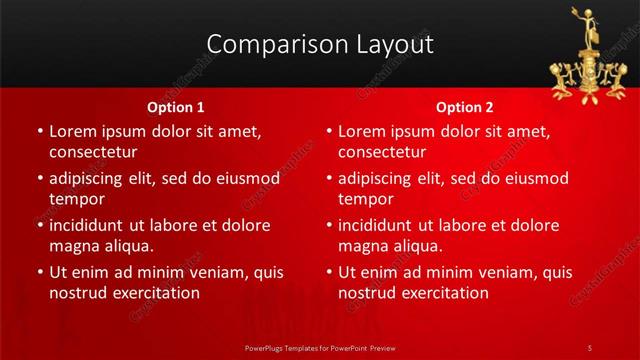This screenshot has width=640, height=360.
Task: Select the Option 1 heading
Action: [x=176, y=106]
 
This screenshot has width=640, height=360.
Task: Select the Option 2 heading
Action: [x=465, y=106]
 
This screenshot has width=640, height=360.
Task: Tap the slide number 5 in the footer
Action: [x=590, y=347]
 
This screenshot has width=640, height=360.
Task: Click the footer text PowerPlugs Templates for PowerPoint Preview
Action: [x=320, y=347]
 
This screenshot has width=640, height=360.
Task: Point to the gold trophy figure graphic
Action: [x=585, y=55]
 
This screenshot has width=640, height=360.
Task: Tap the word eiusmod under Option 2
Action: [x=530, y=179]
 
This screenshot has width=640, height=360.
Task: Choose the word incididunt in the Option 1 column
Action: [x=92, y=226]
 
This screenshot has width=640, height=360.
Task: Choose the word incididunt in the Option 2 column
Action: [x=381, y=226]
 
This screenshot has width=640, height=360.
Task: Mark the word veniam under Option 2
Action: [x=483, y=273]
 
